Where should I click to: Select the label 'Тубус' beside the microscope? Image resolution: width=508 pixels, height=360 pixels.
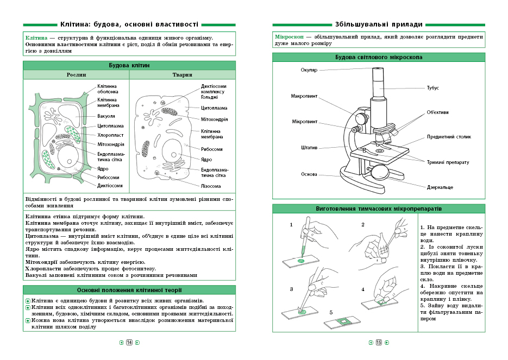click(432, 88)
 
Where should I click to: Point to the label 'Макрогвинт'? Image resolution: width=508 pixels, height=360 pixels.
click(305, 96)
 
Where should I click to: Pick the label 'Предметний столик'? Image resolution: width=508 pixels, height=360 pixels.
click(449, 137)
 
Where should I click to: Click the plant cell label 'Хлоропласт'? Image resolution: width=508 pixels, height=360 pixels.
click(110, 135)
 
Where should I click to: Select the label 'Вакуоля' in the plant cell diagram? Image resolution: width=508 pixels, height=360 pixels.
click(106, 116)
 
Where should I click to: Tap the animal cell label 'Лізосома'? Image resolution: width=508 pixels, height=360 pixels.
click(211, 186)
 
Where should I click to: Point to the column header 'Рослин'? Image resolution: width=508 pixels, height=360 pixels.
click(76, 75)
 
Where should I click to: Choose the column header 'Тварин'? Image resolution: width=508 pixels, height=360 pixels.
click(182, 75)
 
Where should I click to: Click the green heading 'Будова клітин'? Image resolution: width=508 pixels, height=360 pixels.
click(129, 66)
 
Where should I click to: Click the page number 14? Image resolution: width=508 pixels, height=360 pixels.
click(129, 343)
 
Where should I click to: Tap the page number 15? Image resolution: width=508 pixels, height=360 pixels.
click(379, 343)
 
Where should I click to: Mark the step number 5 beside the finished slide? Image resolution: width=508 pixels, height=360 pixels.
click(331, 313)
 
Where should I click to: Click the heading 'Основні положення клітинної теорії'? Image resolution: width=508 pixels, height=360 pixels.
click(129, 290)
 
